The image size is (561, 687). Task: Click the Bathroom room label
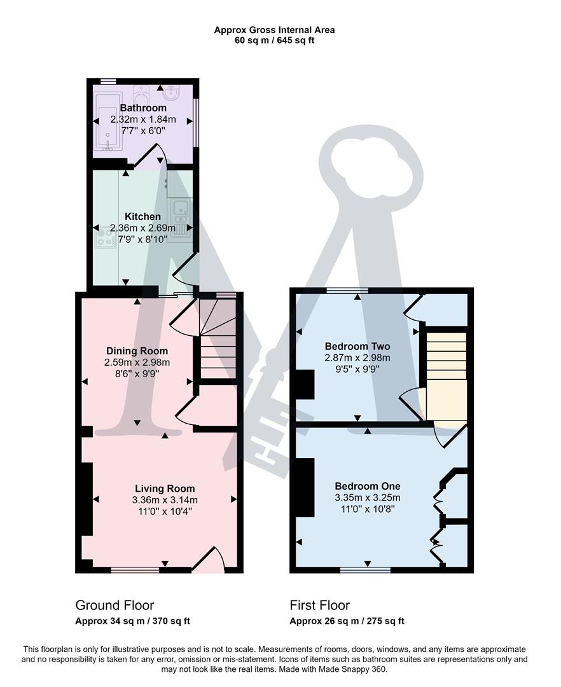coord(143,108)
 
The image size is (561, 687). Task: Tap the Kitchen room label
coord(142,217)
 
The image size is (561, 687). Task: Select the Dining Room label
coord(137,351)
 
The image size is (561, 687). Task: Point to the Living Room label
coord(164,489)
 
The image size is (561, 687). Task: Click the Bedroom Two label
coord(357,347)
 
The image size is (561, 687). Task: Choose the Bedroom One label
coord(368,486)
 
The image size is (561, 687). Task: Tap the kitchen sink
coord(181,207)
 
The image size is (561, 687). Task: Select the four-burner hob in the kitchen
coord(105,237)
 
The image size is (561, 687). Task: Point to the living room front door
coord(209,560)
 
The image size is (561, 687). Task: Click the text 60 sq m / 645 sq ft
coord(274,41)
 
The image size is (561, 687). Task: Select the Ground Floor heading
coord(114,605)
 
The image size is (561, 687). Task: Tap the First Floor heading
coord(319,605)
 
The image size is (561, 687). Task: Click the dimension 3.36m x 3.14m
coord(164,499)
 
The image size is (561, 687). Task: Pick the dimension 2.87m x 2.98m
coord(357,357)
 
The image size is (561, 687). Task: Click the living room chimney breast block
coord(87,499)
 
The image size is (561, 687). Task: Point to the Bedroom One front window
coord(365,570)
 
